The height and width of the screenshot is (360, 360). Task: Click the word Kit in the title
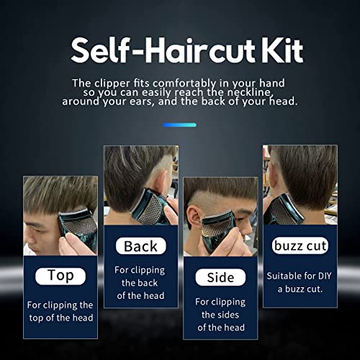point(276,50)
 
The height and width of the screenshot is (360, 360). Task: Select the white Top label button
point(60,275)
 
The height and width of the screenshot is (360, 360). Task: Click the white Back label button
point(140,246)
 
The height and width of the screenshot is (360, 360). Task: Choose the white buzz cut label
point(300,246)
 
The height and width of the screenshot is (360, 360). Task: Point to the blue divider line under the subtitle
point(180,125)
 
